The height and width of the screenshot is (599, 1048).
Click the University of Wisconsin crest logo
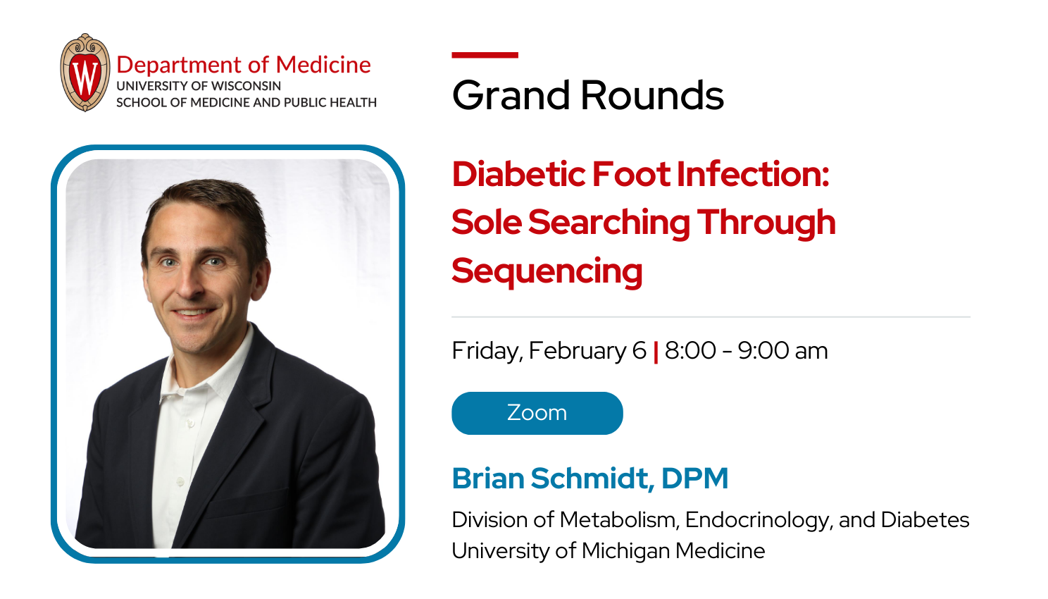(85, 73)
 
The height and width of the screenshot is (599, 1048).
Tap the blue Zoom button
(537, 413)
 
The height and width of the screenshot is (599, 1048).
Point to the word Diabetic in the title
(517, 174)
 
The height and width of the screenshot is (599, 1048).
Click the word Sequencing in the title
(547, 271)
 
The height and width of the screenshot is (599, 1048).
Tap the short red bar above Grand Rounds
(485, 55)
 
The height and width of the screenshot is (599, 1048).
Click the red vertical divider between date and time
(656, 352)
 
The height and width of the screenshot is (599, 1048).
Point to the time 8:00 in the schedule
(690, 350)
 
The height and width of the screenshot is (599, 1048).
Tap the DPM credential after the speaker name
(694, 478)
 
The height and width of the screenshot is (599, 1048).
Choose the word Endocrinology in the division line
(758, 520)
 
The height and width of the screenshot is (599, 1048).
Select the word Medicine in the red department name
(323, 65)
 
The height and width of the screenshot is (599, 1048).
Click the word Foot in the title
(631, 174)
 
